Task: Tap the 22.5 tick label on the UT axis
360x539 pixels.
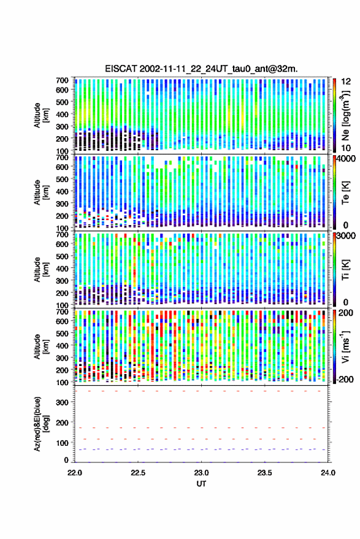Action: click(138, 473)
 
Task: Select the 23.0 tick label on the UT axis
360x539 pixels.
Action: click(201, 473)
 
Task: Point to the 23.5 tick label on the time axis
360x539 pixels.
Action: click(264, 473)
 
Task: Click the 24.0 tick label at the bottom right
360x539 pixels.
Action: click(327, 473)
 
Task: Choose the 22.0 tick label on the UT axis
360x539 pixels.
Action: click(75, 473)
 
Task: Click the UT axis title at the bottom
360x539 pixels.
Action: click(201, 484)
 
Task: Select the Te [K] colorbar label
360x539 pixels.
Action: click(345, 193)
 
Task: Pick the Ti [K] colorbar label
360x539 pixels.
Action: click(345, 270)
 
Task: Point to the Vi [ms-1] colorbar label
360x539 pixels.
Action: click(345, 346)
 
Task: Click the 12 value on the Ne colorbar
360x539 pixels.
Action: click(347, 82)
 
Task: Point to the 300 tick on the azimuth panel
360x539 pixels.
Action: click(62, 402)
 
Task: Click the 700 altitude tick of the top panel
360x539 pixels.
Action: click(62, 80)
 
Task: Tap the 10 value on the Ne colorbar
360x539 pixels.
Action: click(347, 148)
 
